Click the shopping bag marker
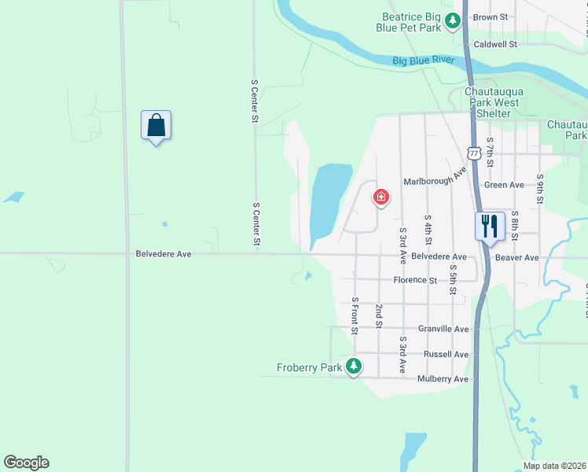click(156, 125)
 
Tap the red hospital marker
click(381, 197)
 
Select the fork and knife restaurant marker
click(488, 227)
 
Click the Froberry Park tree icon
click(354, 366)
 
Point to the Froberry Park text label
click(310, 367)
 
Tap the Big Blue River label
click(424, 61)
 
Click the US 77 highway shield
click(473, 150)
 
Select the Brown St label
click(491, 17)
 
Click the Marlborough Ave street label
click(435, 181)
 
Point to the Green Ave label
click(504, 185)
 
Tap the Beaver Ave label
click(516, 257)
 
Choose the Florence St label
click(415, 280)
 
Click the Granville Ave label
click(443, 329)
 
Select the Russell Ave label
click(446, 354)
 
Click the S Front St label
click(355, 315)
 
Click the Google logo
click(26, 463)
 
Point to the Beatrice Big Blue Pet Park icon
click(452, 21)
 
